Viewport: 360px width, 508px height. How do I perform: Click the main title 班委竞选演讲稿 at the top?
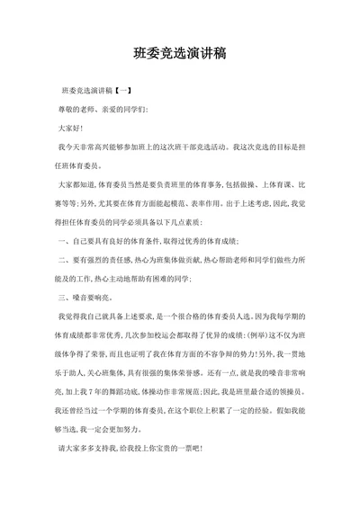[179, 53]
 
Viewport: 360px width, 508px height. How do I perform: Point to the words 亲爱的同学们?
[126, 110]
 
